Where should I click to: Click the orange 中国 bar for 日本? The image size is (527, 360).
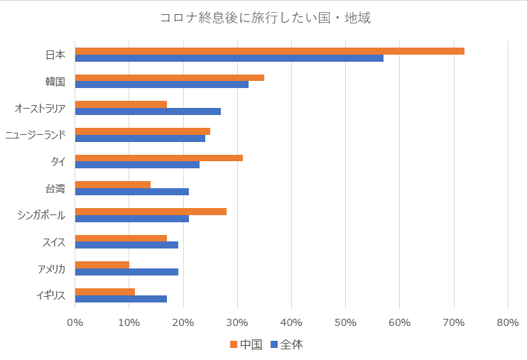tap(270, 51)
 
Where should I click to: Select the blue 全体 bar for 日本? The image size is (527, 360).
tap(229, 58)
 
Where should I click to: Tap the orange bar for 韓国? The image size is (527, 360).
tap(170, 77)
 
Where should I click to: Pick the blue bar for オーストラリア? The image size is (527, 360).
tap(148, 111)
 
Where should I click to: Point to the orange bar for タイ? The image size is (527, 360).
tap(159, 158)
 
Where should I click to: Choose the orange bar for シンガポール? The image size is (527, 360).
tap(151, 212)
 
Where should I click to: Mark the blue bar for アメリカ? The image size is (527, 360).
tap(126, 271)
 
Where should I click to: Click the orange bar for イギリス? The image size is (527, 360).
tap(105, 291)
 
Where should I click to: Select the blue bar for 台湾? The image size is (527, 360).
tap(132, 192)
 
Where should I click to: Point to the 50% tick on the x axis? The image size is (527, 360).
tap(346, 323)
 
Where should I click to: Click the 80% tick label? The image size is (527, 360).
tap(508, 323)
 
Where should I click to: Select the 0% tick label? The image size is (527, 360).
tap(75, 323)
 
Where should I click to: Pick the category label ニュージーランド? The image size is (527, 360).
tap(36, 135)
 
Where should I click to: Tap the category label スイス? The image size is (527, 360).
tap(54, 242)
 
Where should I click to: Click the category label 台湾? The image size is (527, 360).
tap(55, 189)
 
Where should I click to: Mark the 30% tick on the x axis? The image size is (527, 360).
tap(237, 323)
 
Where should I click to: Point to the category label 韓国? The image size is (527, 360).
tap(55, 82)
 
